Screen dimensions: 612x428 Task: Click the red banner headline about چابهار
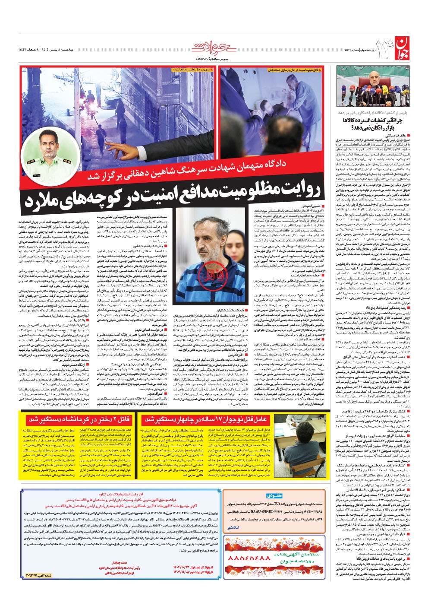point(207,419)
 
